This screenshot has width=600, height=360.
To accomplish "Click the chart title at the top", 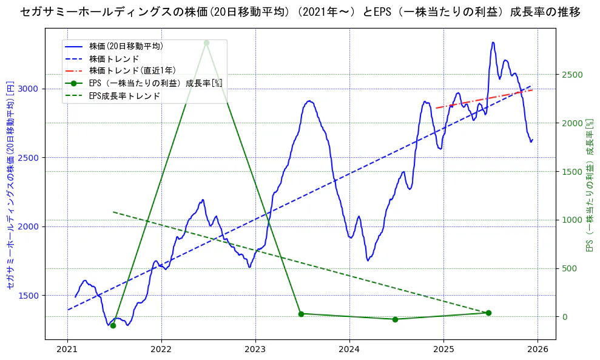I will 300,12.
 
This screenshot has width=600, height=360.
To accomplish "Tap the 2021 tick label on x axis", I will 67,349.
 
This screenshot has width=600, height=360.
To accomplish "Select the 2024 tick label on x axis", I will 349,349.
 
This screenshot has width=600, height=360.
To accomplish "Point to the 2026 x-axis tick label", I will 538,349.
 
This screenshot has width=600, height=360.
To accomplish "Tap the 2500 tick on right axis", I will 571,75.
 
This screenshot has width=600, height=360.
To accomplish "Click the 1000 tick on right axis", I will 571,220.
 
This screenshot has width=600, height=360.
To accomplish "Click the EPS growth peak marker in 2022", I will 206,42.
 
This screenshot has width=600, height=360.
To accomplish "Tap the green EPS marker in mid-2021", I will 113,325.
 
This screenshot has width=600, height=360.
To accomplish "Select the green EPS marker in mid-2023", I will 301,314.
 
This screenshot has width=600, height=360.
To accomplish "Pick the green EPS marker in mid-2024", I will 395,319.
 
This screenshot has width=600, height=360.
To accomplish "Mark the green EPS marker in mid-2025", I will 488,313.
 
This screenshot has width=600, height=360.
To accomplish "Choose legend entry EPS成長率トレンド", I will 124,96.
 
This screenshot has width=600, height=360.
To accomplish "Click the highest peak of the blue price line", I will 493,42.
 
